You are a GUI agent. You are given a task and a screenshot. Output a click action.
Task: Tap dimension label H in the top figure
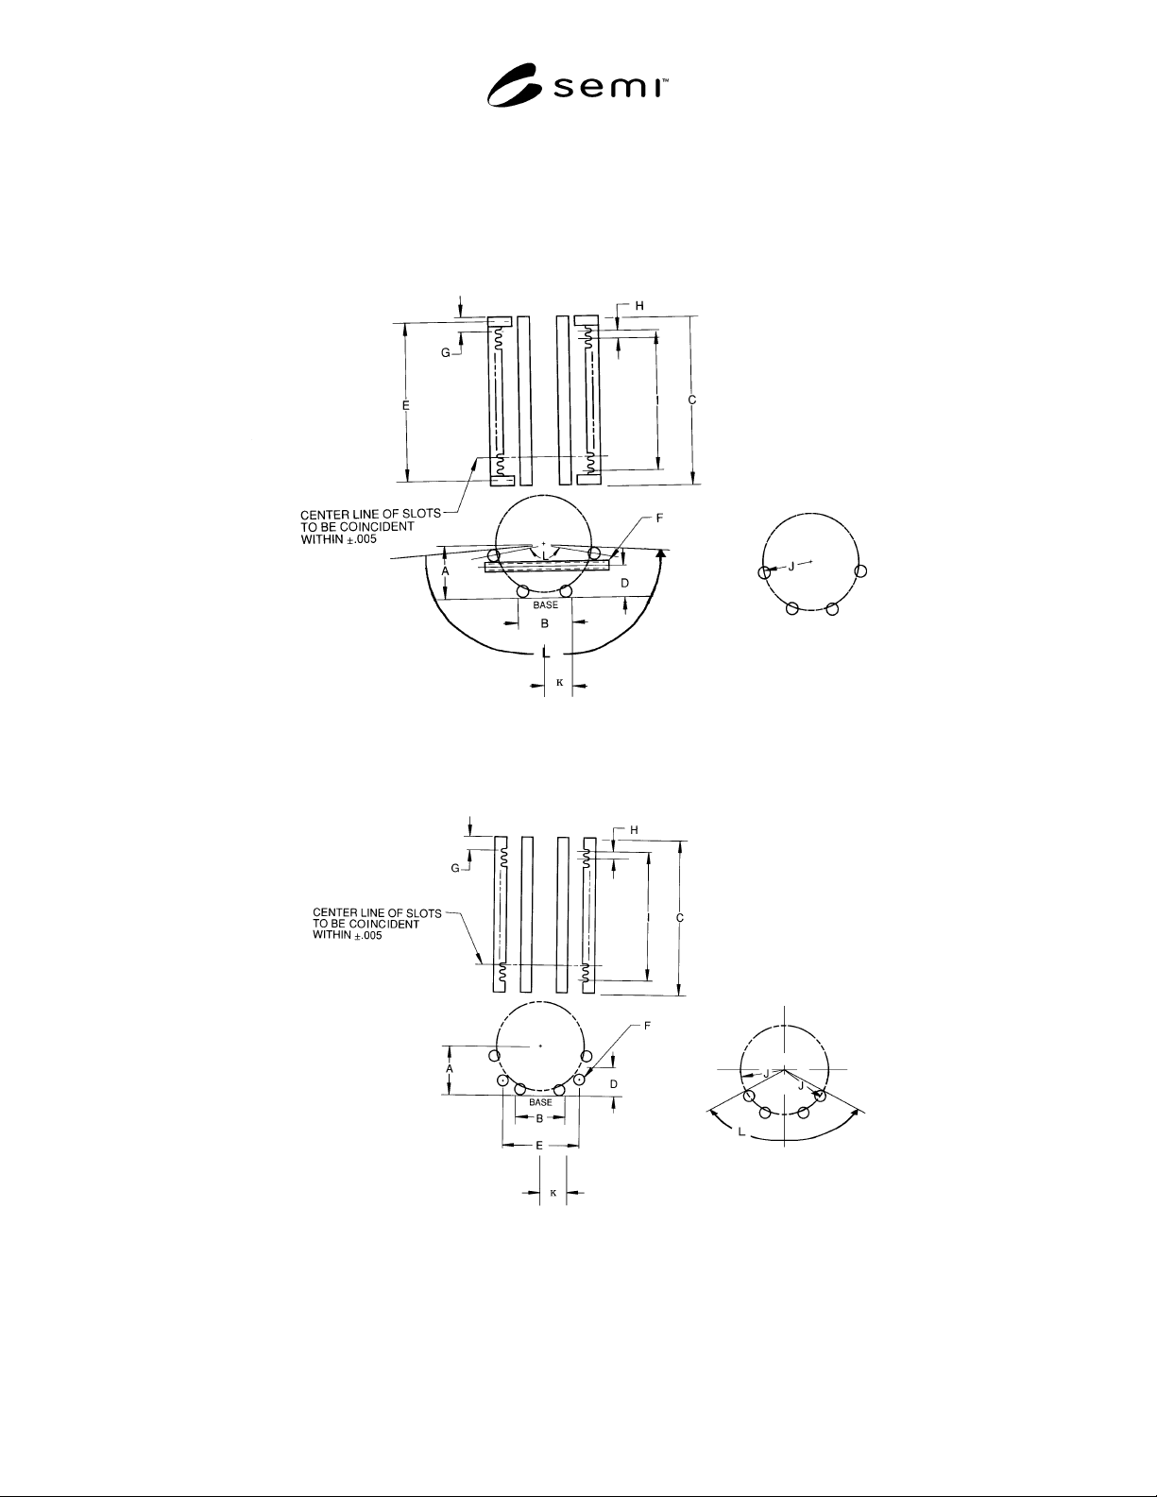coord(639,306)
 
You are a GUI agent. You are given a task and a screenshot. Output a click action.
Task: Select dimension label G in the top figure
coord(446,352)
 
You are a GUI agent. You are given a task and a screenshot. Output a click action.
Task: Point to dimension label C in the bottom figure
coord(680,918)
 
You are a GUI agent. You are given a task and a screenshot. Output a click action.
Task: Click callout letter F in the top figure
coord(659,519)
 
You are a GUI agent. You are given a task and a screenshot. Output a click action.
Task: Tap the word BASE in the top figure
coord(546,604)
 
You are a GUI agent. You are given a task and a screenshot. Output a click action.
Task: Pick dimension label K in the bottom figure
coord(553,1193)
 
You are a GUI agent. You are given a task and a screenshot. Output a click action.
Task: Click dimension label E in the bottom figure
coord(539,1145)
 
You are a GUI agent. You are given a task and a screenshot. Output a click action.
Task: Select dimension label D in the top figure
coord(624,584)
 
